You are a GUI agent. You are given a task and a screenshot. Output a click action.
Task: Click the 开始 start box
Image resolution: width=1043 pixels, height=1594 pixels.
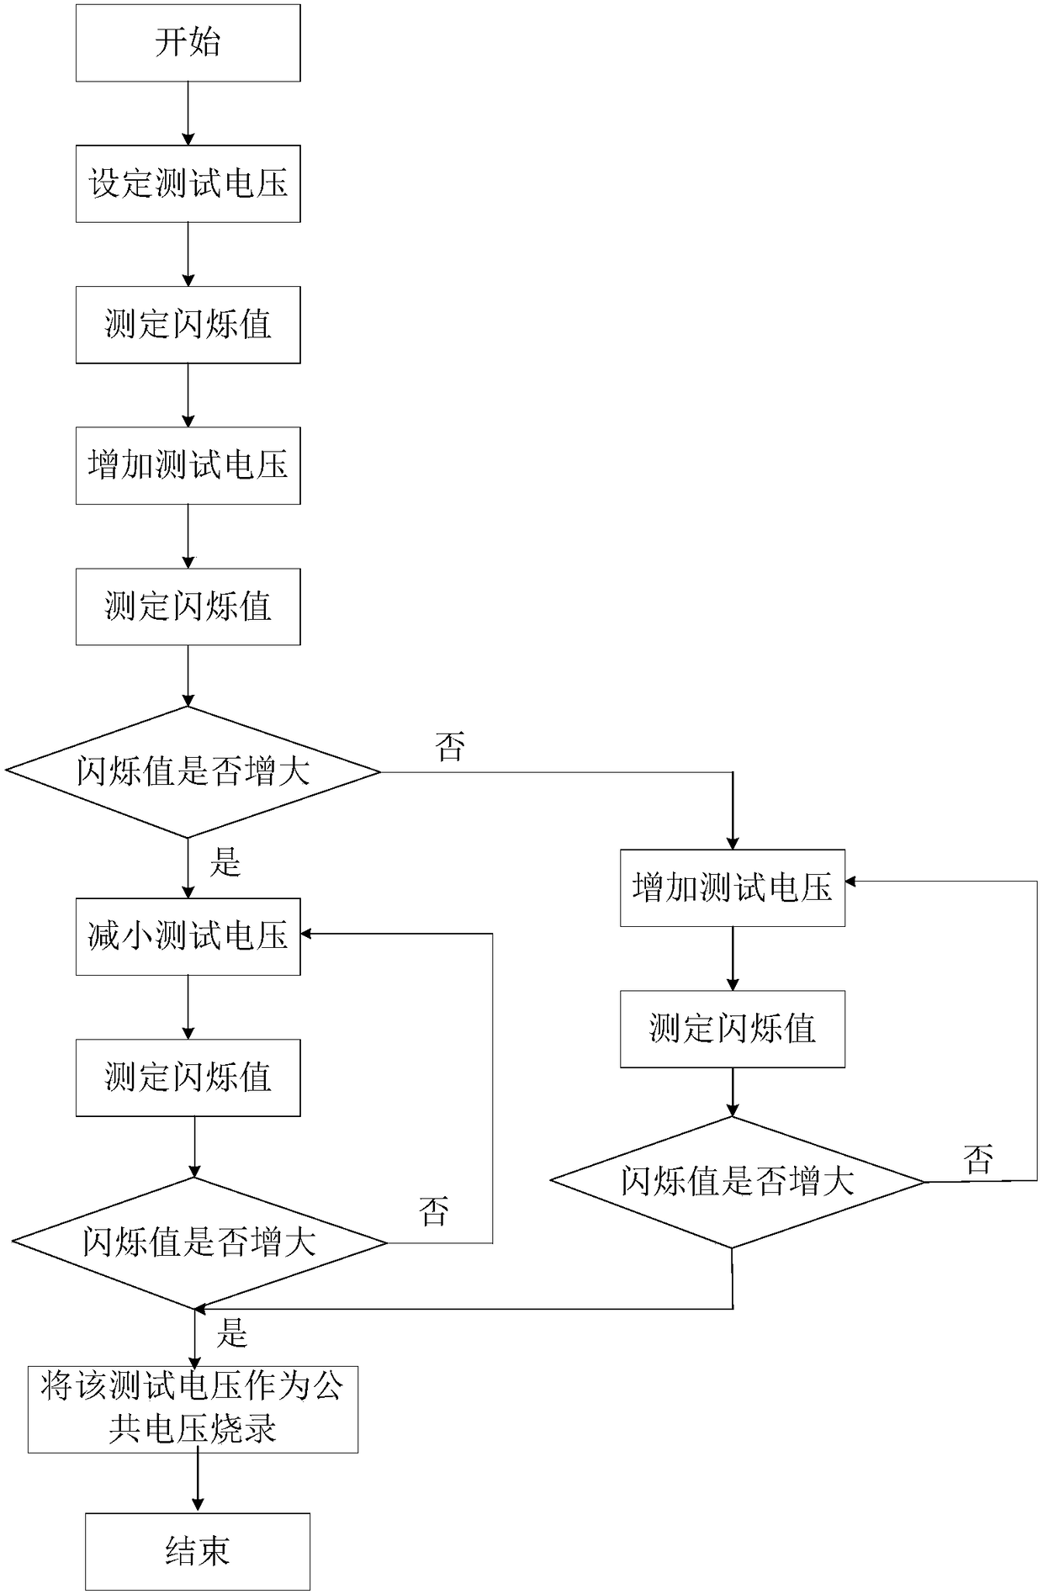(x=188, y=43)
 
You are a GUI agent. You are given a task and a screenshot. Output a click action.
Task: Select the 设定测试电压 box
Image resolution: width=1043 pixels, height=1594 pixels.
(x=188, y=183)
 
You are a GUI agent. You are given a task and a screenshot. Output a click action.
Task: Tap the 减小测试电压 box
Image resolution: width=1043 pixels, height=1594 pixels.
(x=188, y=936)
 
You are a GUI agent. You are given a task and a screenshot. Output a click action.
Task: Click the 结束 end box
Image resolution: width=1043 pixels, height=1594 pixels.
(x=198, y=1551)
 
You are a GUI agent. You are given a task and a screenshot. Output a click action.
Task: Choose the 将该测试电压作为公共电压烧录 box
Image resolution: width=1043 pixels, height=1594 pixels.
(x=193, y=1409)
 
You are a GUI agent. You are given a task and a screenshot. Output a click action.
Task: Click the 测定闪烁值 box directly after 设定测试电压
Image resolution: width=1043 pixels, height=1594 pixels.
(x=188, y=325)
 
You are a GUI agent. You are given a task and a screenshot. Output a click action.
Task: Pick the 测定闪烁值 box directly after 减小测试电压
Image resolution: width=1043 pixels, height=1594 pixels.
(x=188, y=1078)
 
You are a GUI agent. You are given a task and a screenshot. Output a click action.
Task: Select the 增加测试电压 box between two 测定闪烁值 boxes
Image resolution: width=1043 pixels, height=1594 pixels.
(x=188, y=465)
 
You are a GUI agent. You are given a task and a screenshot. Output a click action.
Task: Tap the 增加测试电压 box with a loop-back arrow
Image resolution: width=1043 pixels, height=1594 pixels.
(x=732, y=888)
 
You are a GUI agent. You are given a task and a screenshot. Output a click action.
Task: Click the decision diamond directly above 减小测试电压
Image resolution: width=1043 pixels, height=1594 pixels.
(x=193, y=771)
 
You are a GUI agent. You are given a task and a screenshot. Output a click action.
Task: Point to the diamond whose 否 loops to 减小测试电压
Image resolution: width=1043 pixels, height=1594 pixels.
(x=199, y=1242)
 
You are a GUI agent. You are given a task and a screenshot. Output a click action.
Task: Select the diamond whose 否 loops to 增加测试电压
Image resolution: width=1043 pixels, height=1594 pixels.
(x=737, y=1182)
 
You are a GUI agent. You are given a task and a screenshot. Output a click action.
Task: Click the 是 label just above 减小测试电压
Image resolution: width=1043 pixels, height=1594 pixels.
(x=225, y=863)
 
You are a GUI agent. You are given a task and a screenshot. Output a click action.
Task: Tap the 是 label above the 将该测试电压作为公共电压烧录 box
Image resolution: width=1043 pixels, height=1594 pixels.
(x=232, y=1333)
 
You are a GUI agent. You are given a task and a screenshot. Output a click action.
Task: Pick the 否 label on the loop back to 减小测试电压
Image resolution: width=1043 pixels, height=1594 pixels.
(x=434, y=1212)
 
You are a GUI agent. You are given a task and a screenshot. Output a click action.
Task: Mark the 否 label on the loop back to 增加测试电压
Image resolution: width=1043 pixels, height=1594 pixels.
(x=978, y=1160)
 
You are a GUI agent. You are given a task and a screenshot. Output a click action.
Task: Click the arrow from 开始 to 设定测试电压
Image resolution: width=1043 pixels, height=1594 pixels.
(x=188, y=114)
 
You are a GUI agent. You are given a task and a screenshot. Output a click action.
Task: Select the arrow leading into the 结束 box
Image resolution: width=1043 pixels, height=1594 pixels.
(x=198, y=1483)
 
